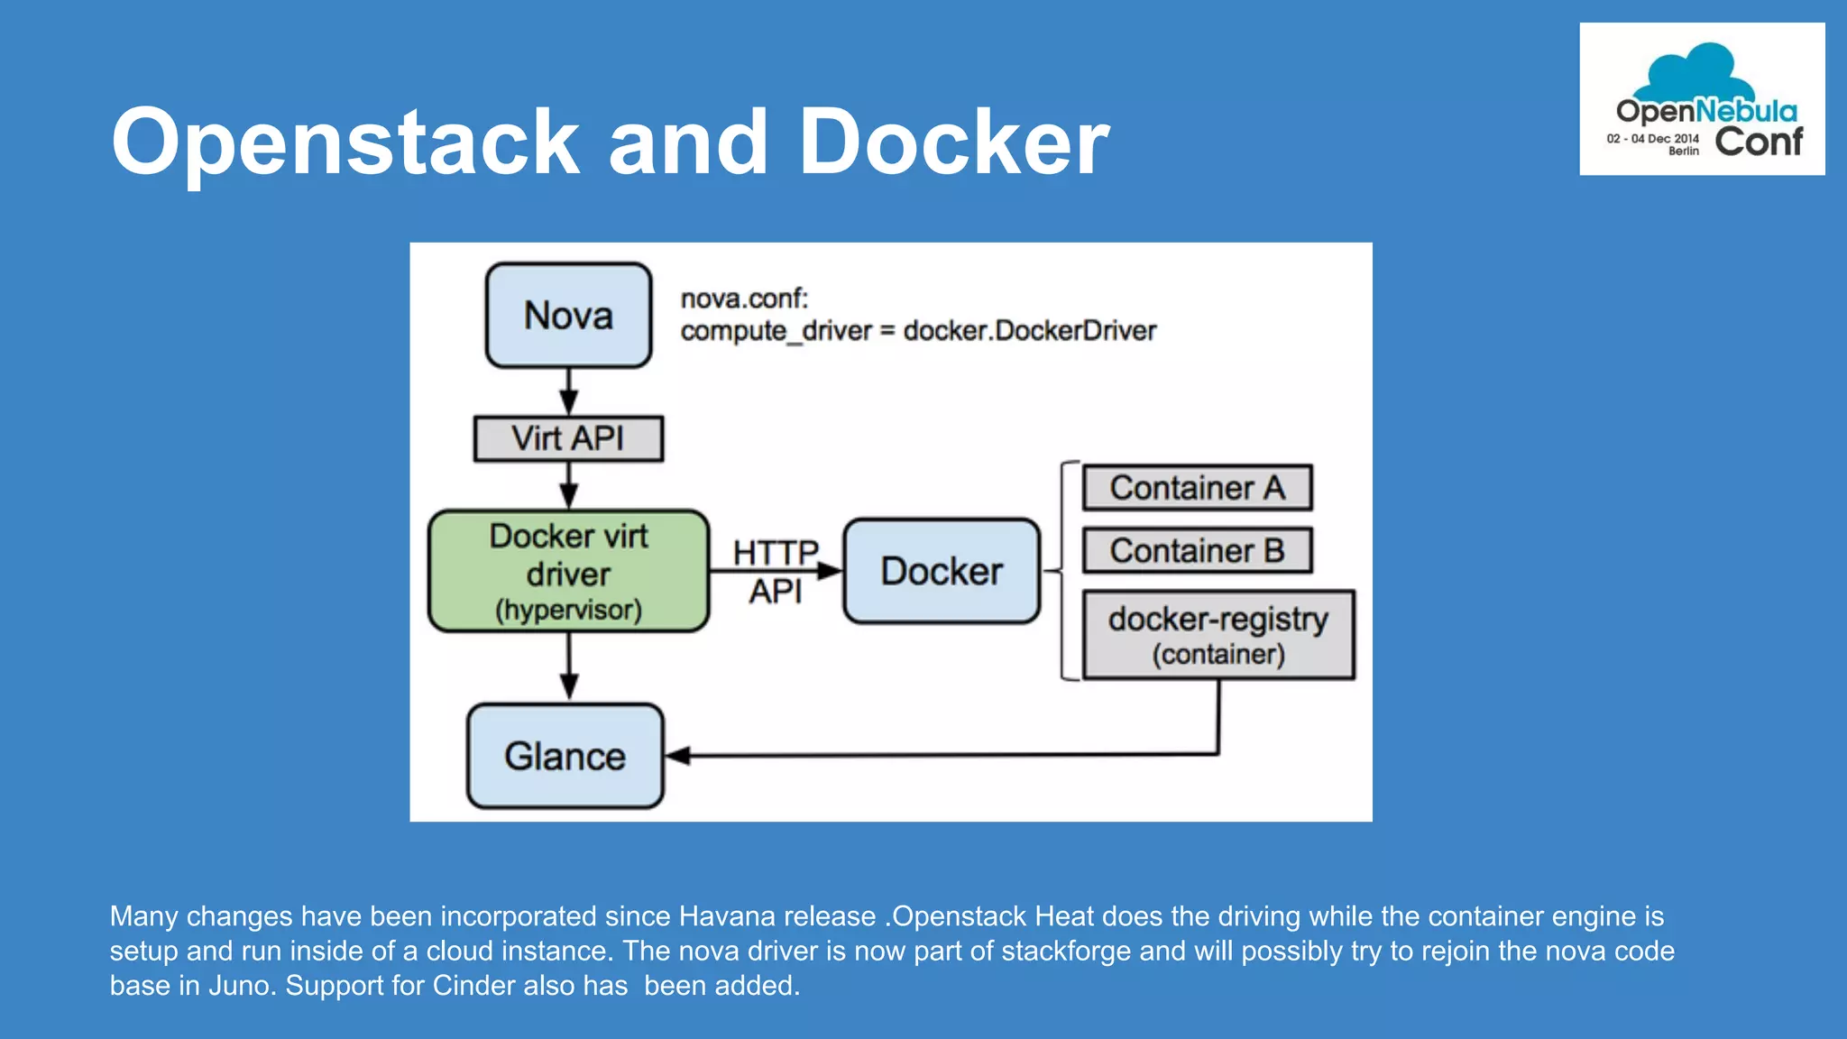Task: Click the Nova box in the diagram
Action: (568, 316)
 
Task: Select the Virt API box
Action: (568, 438)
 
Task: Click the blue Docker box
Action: (942, 571)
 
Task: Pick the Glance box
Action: (565, 756)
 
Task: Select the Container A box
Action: (1197, 488)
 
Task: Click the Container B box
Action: (1197, 550)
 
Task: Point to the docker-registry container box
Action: (1218, 635)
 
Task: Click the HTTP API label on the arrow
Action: (775, 571)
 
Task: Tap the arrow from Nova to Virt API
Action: (568, 391)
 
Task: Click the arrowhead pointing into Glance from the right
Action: (678, 756)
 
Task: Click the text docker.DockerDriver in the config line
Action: (1029, 331)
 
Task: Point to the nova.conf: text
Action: (744, 299)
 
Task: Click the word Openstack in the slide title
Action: (345, 142)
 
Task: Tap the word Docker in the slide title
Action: (953, 142)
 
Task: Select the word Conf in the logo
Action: (1758, 142)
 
